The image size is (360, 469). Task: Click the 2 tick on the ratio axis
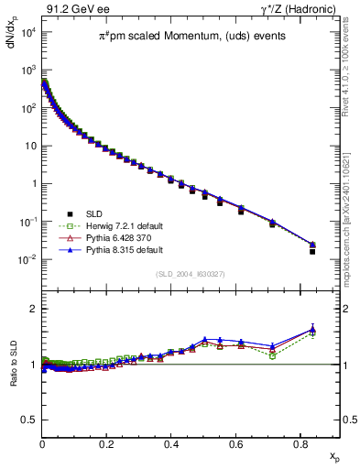point(32,309)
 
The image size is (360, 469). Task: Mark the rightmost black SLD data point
point(312,251)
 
